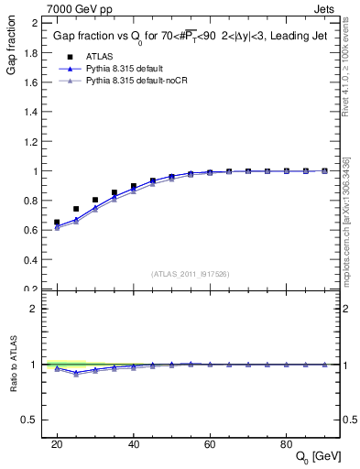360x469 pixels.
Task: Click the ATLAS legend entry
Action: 101,56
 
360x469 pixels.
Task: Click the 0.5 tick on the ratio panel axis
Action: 32,420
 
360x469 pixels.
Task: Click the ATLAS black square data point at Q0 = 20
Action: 57,223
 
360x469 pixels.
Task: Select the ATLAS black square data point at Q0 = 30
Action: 95,200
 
